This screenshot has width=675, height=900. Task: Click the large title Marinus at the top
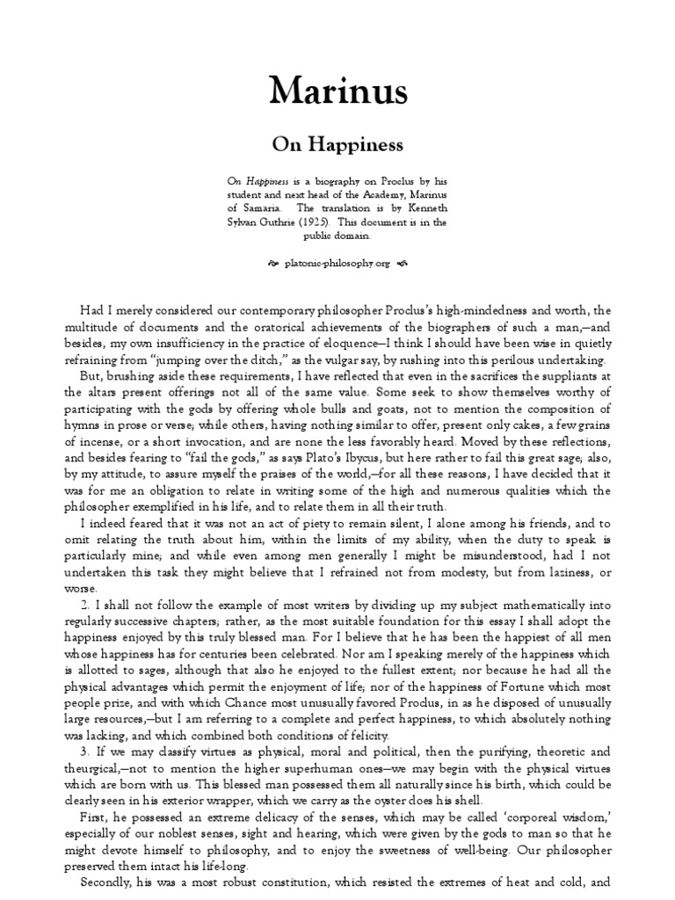pos(337,90)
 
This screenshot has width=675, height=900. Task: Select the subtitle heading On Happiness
pos(337,142)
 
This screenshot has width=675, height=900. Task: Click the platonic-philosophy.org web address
pos(337,263)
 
